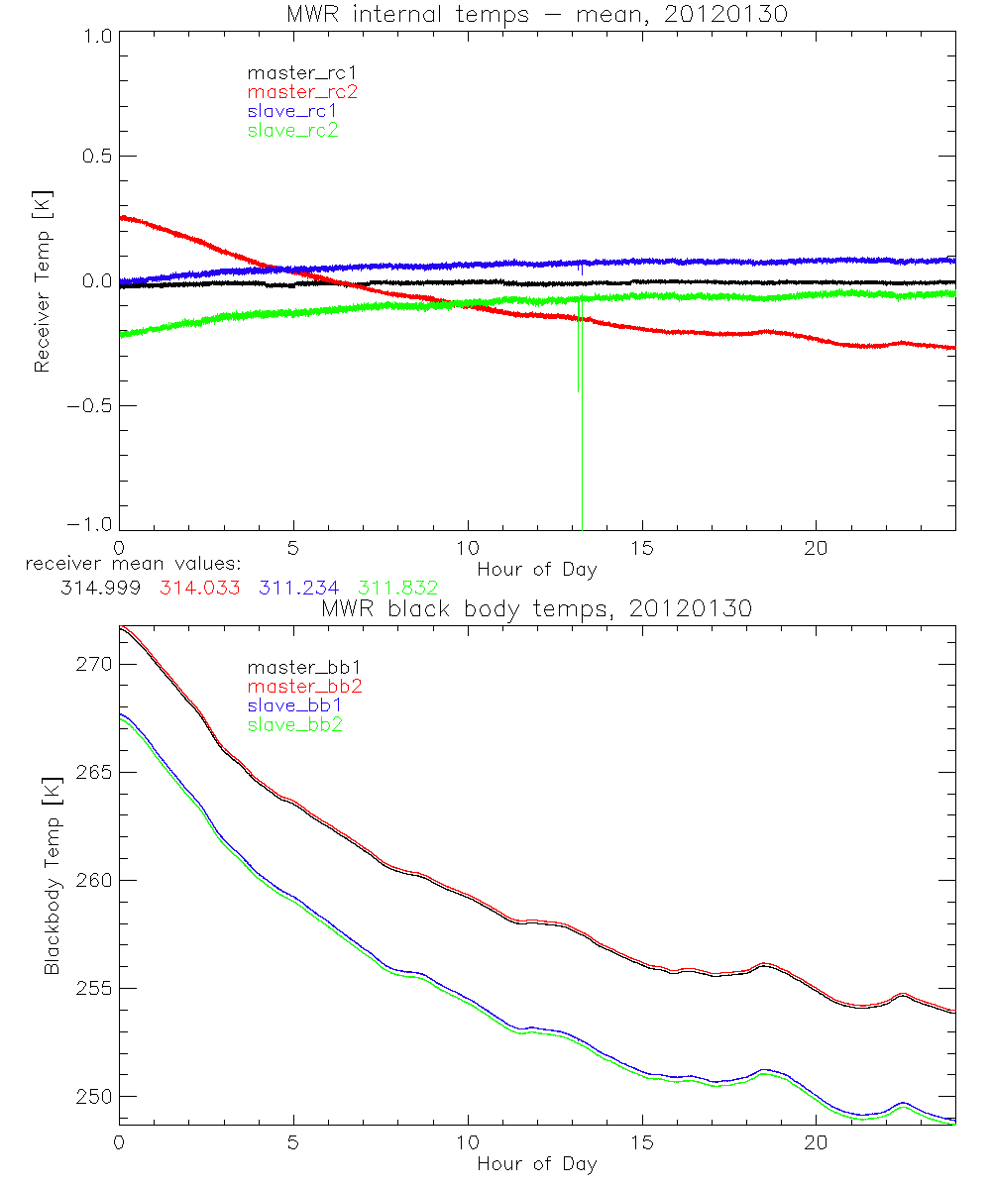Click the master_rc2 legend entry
coord(302,91)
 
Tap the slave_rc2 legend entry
coord(293,130)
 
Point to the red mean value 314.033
coord(199,588)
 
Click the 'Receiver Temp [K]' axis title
coord(42,280)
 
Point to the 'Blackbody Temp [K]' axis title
coord(52,879)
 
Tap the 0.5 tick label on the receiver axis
coord(94,157)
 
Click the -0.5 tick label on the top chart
coord(89,405)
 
